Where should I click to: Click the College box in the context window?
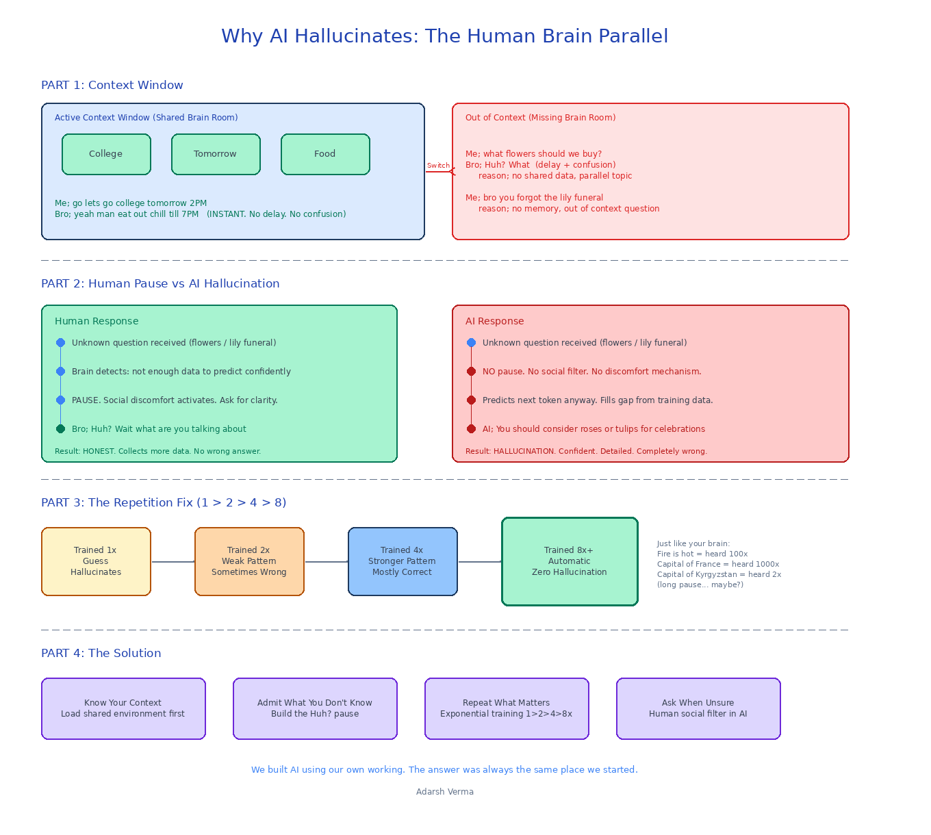(x=106, y=155)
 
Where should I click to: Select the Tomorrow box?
(x=216, y=155)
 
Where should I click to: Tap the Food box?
(x=325, y=155)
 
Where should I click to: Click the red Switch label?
(x=438, y=166)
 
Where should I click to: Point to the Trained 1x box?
(x=96, y=561)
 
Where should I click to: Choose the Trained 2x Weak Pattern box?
(x=250, y=561)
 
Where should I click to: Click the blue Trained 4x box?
(x=403, y=561)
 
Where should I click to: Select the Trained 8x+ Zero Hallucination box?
(x=570, y=561)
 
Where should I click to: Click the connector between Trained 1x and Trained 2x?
(x=173, y=561)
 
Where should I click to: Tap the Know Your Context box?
(x=124, y=708)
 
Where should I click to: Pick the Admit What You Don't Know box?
(x=315, y=708)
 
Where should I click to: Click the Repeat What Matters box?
(x=507, y=708)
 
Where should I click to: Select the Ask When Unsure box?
(x=698, y=708)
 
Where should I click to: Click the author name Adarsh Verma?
(x=445, y=791)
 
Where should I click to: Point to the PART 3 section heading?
(x=164, y=502)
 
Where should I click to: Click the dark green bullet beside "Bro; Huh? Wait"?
(x=60, y=428)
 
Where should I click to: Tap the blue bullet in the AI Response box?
(x=471, y=342)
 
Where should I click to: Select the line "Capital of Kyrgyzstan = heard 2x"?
(x=719, y=574)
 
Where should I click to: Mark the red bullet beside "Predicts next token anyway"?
(x=471, y=400)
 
